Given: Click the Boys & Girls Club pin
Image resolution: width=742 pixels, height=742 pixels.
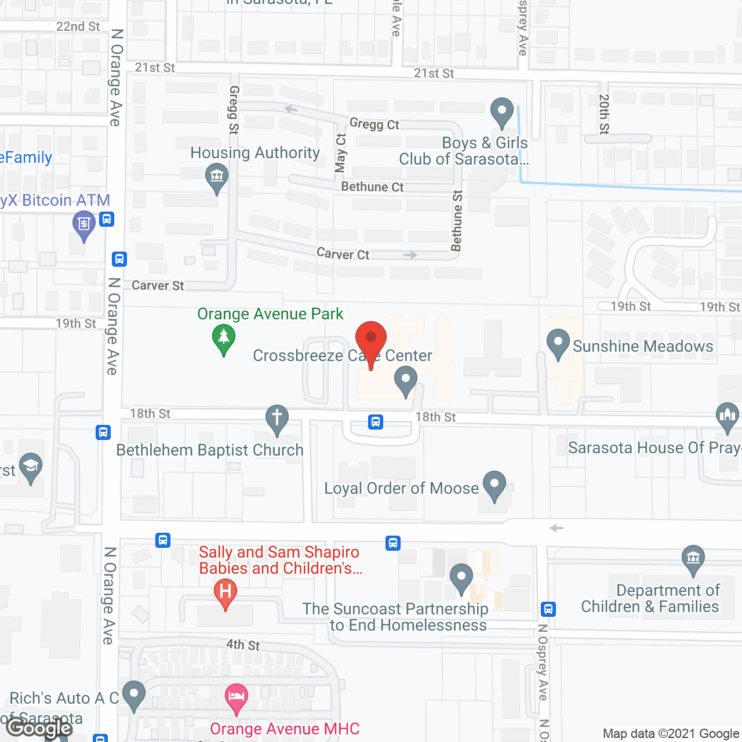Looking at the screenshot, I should click(502, 112).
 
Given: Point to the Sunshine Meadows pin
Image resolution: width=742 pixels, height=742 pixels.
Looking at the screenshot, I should click(558, 344).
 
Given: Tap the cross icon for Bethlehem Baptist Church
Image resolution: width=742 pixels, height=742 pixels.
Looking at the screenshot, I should click(277, 419).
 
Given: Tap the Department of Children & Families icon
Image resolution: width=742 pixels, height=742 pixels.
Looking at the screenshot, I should click(693, 559).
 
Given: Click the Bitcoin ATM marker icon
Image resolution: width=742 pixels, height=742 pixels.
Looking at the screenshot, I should click(84, 225).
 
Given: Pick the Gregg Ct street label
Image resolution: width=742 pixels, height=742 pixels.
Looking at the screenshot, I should click(374, 124).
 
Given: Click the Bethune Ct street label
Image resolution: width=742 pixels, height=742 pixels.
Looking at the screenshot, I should click(372, 187).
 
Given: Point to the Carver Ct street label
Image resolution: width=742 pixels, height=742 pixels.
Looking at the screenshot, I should click(343, 254).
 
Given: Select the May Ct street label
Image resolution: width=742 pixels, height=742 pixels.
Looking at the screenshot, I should click(341, 153).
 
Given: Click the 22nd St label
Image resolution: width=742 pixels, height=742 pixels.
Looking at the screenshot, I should click(78, 27).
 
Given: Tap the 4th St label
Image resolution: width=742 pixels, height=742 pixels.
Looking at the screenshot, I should click(243, 645).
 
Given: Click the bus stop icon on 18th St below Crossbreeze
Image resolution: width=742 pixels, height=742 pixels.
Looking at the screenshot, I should click(376, 422).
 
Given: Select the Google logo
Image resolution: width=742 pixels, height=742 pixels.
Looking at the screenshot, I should click(39, 728).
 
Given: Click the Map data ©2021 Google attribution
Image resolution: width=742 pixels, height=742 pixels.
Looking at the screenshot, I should click(671, 733).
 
